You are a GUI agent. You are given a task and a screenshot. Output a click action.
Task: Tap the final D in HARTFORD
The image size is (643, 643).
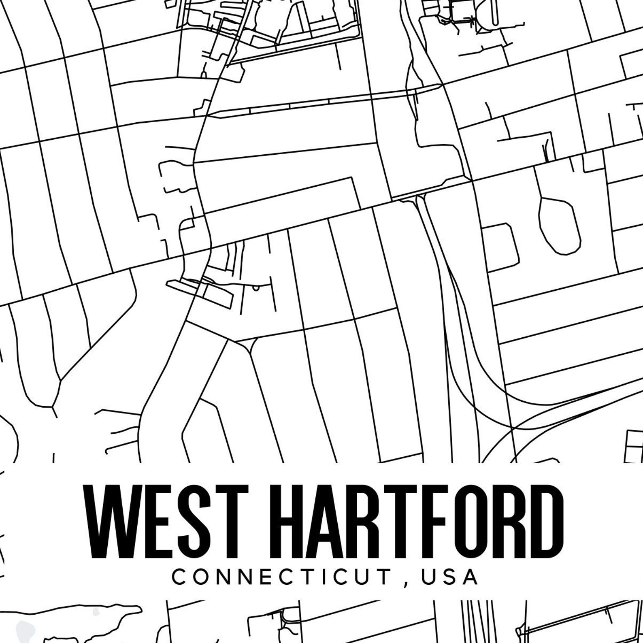(x=541, y=521)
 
